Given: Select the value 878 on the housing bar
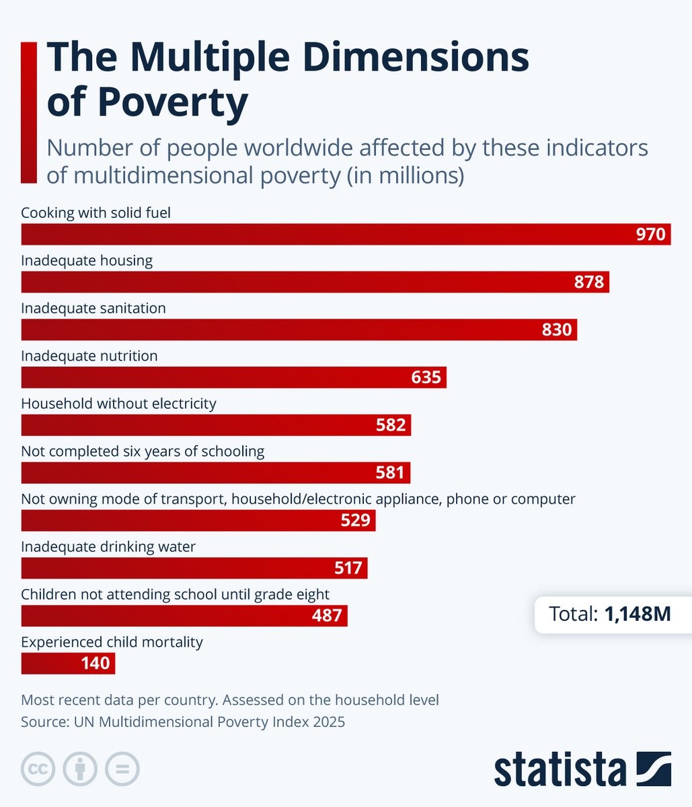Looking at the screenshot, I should [x=589, y=282].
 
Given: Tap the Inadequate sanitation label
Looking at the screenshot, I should [x=93, y=308].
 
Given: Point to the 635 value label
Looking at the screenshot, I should [x=426, y=377].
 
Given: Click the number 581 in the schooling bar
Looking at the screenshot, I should [x=390, y=473].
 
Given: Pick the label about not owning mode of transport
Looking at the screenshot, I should [x=298, y=499].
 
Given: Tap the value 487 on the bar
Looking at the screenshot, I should [x=327, y=615].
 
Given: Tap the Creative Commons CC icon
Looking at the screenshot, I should [x=38, y=769].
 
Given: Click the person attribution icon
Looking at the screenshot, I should [x=80, y=769].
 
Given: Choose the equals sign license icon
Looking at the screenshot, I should [x=122, y=769].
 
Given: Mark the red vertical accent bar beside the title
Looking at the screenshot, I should [x=29, y=112].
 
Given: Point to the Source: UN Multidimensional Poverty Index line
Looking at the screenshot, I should [x=183, y=722].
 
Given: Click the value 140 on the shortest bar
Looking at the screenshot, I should [x=95, y=663].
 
